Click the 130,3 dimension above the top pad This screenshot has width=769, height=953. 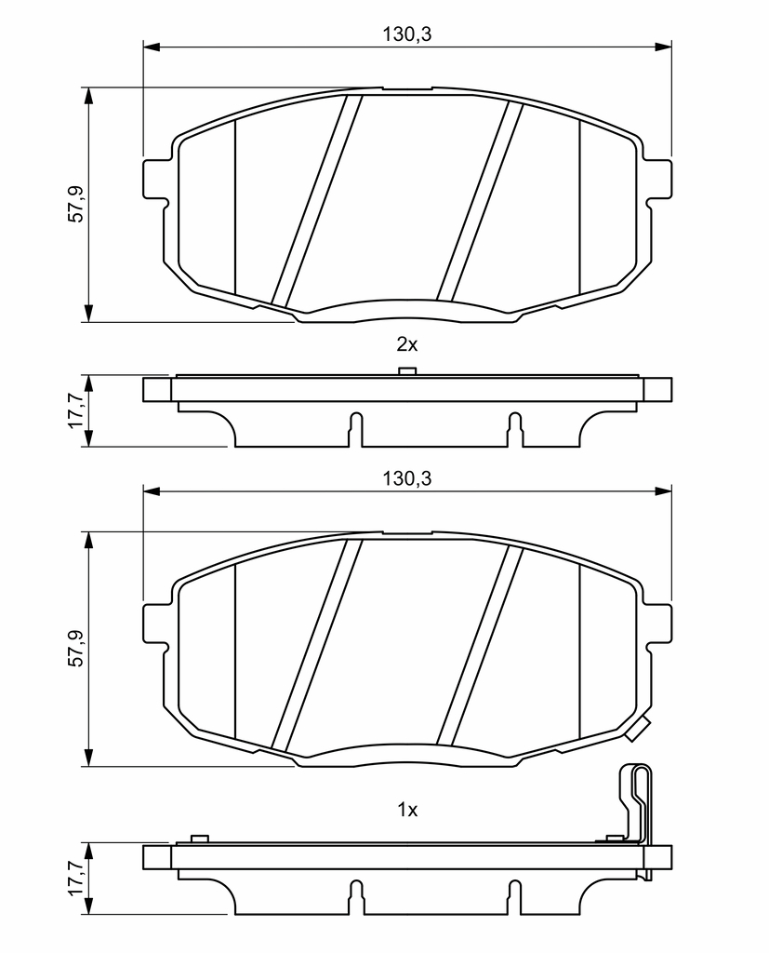click(x=406, y=34)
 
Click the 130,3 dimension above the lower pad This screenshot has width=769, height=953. click(x=406, y=478)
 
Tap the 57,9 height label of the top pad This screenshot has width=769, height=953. click(x=76, y=204)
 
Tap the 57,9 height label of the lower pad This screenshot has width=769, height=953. click(x=76, y=648)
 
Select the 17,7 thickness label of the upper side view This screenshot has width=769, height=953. click(x=76, y=410)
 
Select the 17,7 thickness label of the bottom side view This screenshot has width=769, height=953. click(x=76, y=878)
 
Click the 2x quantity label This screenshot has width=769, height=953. click(x=407, y=344)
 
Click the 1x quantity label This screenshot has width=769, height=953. click(x=407, y=810)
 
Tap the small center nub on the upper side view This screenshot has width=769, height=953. click(x=406, y=372)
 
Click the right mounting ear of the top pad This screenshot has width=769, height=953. click(x=658, y=180)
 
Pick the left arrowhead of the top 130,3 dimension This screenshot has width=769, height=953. click(x=152, y=47)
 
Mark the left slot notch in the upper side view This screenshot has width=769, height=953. click(x=356, y=429)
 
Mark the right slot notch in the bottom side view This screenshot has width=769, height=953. click(x=514, y=896)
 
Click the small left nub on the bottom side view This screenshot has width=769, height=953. click(x=199, y=839)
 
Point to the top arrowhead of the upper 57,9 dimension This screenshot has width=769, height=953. click(x=90, y=97)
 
